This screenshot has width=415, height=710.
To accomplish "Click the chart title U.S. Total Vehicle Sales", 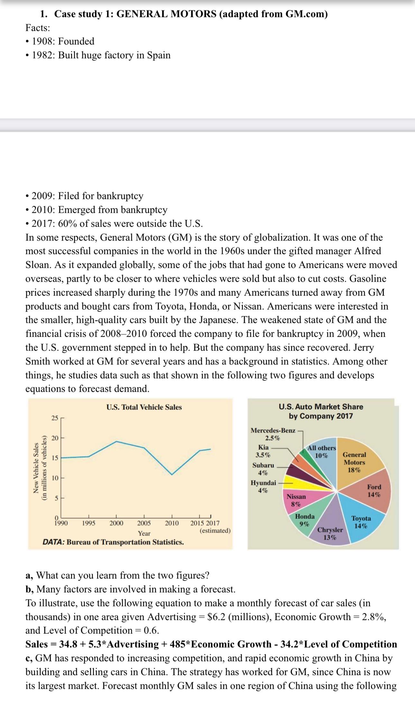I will (144, 407).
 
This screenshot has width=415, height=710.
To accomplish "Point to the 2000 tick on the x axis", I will (116, 523).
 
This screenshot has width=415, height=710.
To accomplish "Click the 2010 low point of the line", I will (172, 474).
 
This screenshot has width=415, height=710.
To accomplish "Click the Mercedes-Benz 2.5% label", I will (273, 434).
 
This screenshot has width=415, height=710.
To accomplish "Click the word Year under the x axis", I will (144, 533).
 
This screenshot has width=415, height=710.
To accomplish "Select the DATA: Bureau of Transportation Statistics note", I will (113, 542).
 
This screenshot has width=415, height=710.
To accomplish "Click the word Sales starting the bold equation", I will (36, 644).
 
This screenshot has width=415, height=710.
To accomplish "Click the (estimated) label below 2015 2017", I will (215, 530).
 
